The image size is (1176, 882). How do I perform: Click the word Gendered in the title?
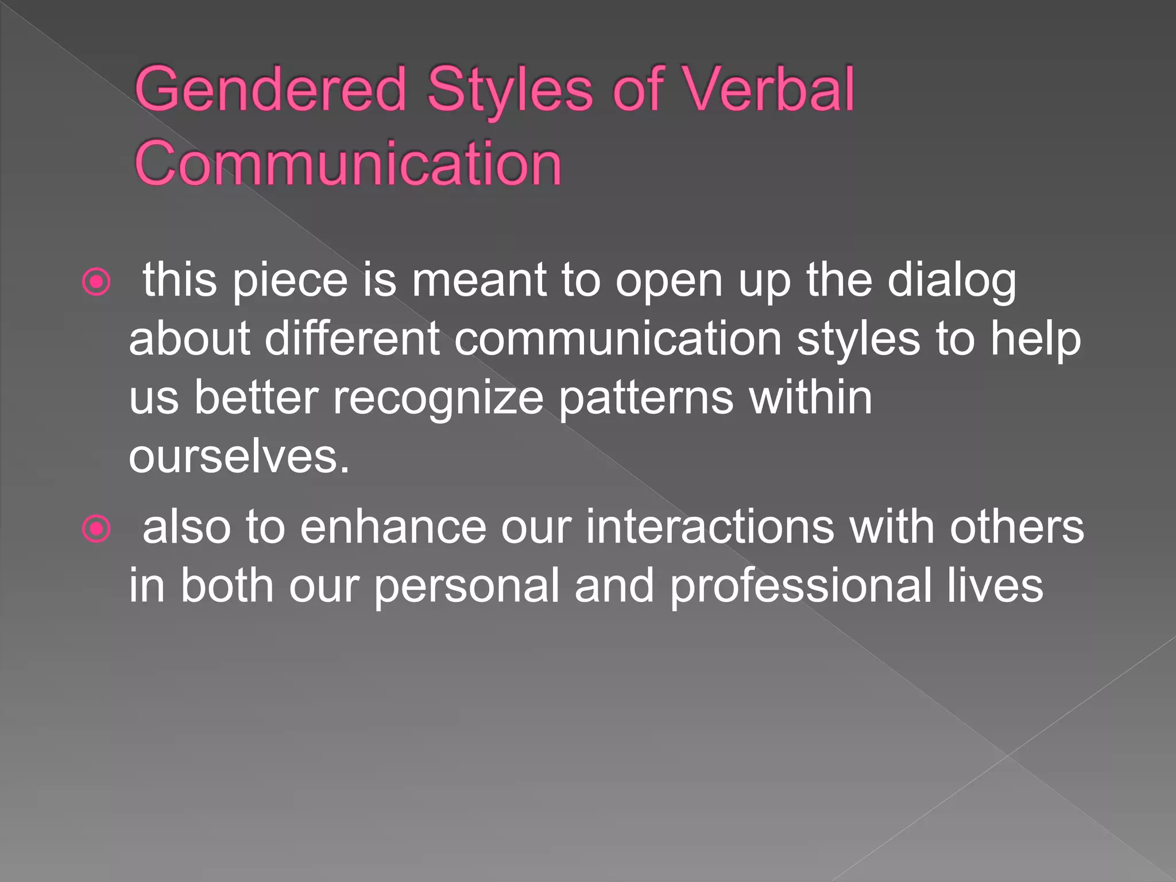click(x=270, y=90)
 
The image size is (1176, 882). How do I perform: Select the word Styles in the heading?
click(x=510, y=90)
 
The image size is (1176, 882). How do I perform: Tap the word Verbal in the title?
click(x=769, y=90)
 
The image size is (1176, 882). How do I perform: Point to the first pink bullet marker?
click(x=96, y=282)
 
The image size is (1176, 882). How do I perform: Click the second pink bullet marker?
click(x=96, y=529)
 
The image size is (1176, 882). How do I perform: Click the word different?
click(x=352, y=339)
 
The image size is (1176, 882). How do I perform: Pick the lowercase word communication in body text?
click(x=618, y=339)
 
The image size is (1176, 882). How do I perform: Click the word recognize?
click(x=438, y=399)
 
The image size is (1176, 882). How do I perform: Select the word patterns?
click(x=646, y=399)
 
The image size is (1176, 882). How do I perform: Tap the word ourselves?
click(x=238, y=458)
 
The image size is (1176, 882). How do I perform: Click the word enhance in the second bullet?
click(x=393, y=528)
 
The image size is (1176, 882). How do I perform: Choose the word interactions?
click(x=710, y=528)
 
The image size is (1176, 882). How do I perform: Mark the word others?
click(x=1016, y=528)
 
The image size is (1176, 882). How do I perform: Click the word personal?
click(x=467, y=586)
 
